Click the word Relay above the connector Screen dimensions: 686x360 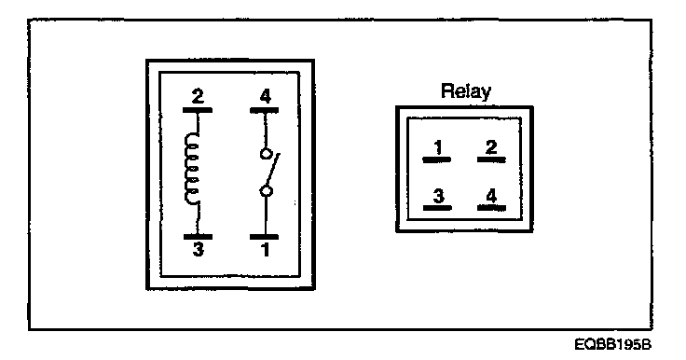[466, 91]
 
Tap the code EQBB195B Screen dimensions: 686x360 [613, 345]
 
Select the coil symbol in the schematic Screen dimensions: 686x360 [193, 169]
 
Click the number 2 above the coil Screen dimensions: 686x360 [198, 96]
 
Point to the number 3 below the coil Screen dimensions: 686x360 [199, 250]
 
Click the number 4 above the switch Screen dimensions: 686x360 [265, 96]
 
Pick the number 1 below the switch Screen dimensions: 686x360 [265, 250]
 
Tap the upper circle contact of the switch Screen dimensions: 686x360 [265, 154]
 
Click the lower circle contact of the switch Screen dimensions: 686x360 [266, 191]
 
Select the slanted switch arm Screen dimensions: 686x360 [273, 170]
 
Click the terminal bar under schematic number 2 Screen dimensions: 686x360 [198, 110]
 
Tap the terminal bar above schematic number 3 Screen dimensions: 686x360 [198, 237]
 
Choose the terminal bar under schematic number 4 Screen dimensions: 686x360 [265, 110]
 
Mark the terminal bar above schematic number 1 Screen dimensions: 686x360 [265, 237]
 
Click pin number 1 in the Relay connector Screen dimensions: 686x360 [438, 147]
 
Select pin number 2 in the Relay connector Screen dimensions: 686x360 [491, 147]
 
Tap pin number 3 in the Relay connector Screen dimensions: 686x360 [438, 196]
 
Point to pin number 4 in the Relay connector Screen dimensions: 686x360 [491, 196]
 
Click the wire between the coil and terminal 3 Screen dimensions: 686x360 [199, 219]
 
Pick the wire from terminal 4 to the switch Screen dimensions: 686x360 [265, 131]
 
